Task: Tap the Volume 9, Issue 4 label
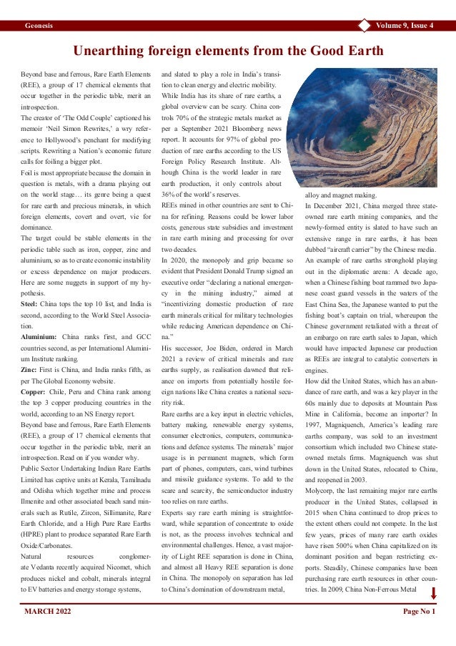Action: click(404, 26)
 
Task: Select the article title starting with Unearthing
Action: click(228, 51)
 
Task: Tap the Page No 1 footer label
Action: click(419, 612)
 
